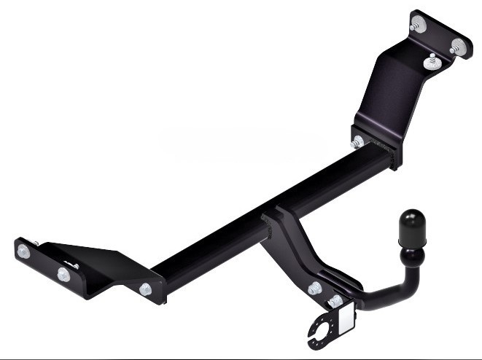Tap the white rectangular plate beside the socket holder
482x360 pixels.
(346, 318)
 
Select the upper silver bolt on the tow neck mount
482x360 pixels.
(315, 288)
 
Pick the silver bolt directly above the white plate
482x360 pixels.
(335, 300)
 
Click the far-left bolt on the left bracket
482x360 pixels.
(24, 250)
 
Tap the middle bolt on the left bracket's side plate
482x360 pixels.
(63, 274)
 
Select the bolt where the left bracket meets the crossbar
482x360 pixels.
(146, 289)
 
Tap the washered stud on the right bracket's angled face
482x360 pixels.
(432, 61)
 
